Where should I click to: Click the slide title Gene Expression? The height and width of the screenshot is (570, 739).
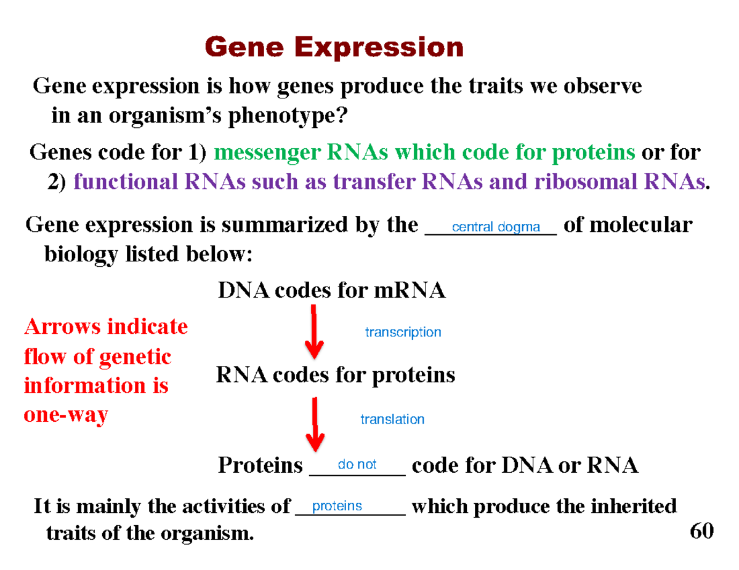click(333, 47)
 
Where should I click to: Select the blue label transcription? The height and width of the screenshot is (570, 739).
click(403, 333)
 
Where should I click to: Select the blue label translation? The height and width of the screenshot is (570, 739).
click(392, 419)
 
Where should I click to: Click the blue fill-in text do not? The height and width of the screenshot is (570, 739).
click(357, 465)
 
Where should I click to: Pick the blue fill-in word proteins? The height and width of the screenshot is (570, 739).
click(337, 506)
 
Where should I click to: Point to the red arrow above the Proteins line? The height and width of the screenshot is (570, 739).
click(315, 424)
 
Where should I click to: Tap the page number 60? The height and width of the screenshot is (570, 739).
click(701, 531)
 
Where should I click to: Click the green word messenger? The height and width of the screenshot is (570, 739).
click(265, 152)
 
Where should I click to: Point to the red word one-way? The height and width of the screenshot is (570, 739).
click(65, 415)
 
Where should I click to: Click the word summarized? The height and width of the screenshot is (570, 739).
click(265, 226)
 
